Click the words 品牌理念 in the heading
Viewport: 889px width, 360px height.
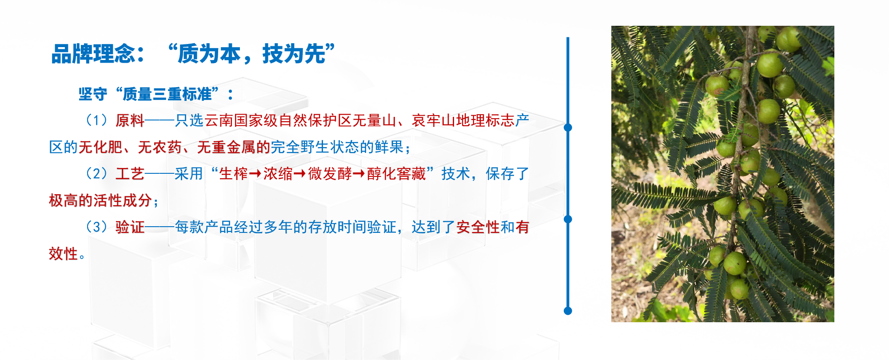(93, 54)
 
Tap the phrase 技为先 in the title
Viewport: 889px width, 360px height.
(294, 54)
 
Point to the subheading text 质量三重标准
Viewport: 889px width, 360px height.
(167, 94)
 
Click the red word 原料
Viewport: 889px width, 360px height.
(130, 120)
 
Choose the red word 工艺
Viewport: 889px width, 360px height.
(130, 174)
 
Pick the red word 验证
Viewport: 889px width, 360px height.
(130, 227)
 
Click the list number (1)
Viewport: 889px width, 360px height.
(96, 120)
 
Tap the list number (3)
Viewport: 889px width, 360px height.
(96, 227)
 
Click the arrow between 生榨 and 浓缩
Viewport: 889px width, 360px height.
(255, 174)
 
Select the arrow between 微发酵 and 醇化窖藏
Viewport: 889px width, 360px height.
(359, 174)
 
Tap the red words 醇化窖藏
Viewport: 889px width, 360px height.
(396, 174)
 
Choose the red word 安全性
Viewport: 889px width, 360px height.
(478, 227)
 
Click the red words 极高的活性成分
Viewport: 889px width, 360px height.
(100, 200)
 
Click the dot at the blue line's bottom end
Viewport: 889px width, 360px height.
(568, 311)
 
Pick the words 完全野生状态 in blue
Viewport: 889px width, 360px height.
(315, 147)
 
